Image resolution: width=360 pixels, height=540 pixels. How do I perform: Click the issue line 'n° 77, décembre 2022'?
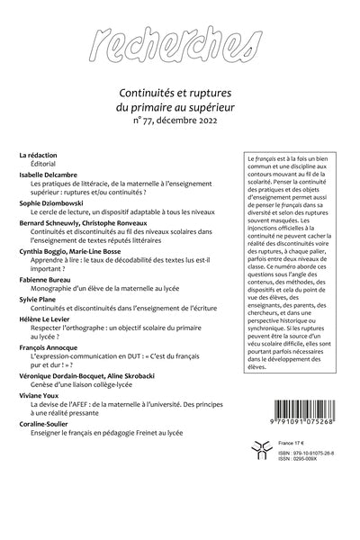point(180,118)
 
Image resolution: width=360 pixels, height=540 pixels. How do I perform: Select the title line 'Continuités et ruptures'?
point(180,90)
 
